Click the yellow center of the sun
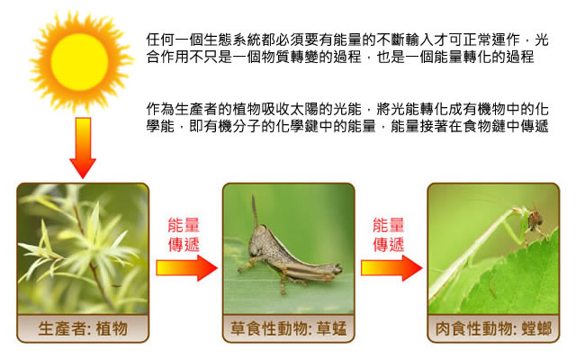pos(79,62)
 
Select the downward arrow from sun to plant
pos(83,148)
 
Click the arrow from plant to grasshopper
pos(186,268)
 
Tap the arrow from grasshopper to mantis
pos(391,268)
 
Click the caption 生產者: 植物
pos(83,328)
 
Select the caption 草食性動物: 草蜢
pos(288,328)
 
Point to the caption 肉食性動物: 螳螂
pos(493,328)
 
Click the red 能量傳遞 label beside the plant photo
pos(184,234)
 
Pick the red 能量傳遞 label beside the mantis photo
pos(388,234)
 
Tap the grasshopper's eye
pos(260,231)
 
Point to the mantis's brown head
pos(535,219)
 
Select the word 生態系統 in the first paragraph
pos(225,40)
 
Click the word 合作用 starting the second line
pos(167,57)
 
